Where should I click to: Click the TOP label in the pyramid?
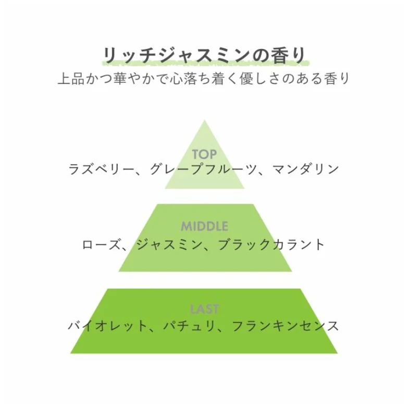204,154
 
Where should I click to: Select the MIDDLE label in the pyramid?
204,226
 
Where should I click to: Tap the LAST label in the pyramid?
204,309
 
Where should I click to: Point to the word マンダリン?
305,169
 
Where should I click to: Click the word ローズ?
102,244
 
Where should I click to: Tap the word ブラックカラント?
271,244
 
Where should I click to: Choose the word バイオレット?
107,326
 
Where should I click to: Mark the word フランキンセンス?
285,326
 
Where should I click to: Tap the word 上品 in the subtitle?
71,78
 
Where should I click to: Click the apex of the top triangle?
204,120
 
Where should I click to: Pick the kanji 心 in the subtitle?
176,78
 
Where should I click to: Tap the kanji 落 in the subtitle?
190,78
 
